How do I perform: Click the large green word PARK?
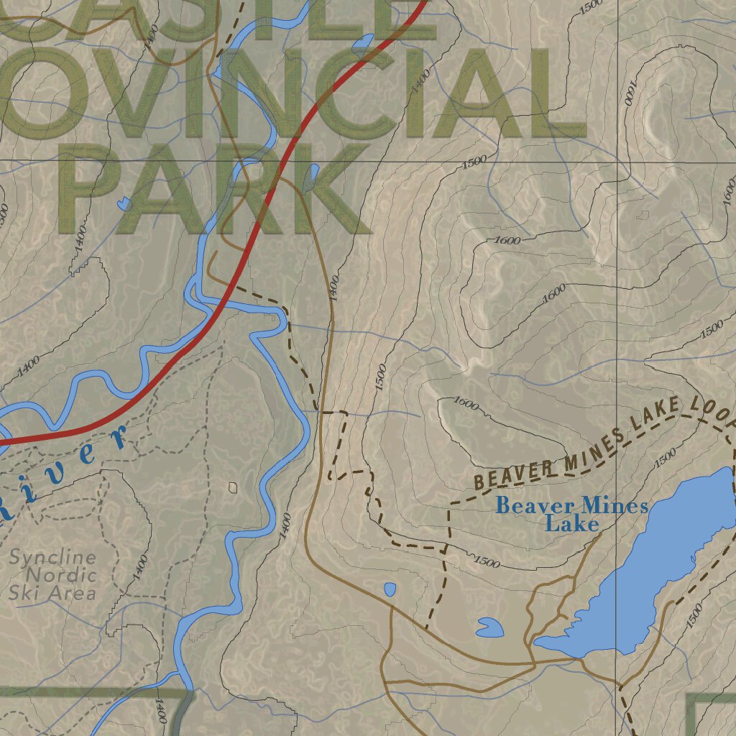[216, 190]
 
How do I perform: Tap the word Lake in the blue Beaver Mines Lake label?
[572, 524]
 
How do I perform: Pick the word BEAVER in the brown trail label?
[512, 475]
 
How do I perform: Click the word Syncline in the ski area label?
[52, 557]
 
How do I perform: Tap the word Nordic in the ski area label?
[60, 575]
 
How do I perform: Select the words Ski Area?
[52, 593]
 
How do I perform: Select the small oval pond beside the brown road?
[390, 590]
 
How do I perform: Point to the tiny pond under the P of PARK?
[125, 203]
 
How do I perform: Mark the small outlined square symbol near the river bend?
[233, 487]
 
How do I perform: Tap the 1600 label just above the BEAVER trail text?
[466, 405]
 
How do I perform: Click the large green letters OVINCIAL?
[287, 93]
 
